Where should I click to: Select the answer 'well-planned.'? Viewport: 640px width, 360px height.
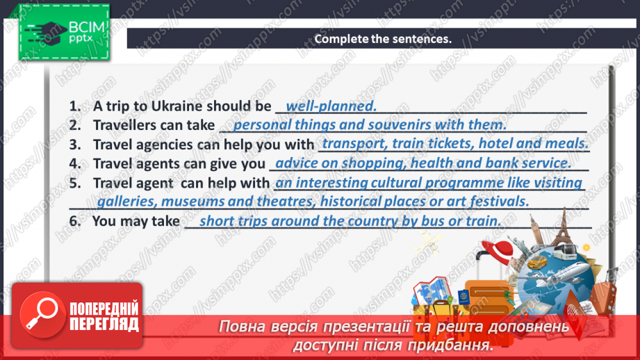tap(331, 106)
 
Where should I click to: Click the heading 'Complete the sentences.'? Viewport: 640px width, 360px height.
tap(383, 39)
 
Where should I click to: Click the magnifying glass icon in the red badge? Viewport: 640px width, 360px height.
tap(42, 315)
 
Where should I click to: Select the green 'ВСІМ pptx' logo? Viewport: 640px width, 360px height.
tap(64, 32)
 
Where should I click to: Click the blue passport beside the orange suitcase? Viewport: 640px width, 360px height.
tap(463, 297)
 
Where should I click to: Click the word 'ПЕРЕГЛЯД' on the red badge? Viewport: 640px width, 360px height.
tap(104, 324)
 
